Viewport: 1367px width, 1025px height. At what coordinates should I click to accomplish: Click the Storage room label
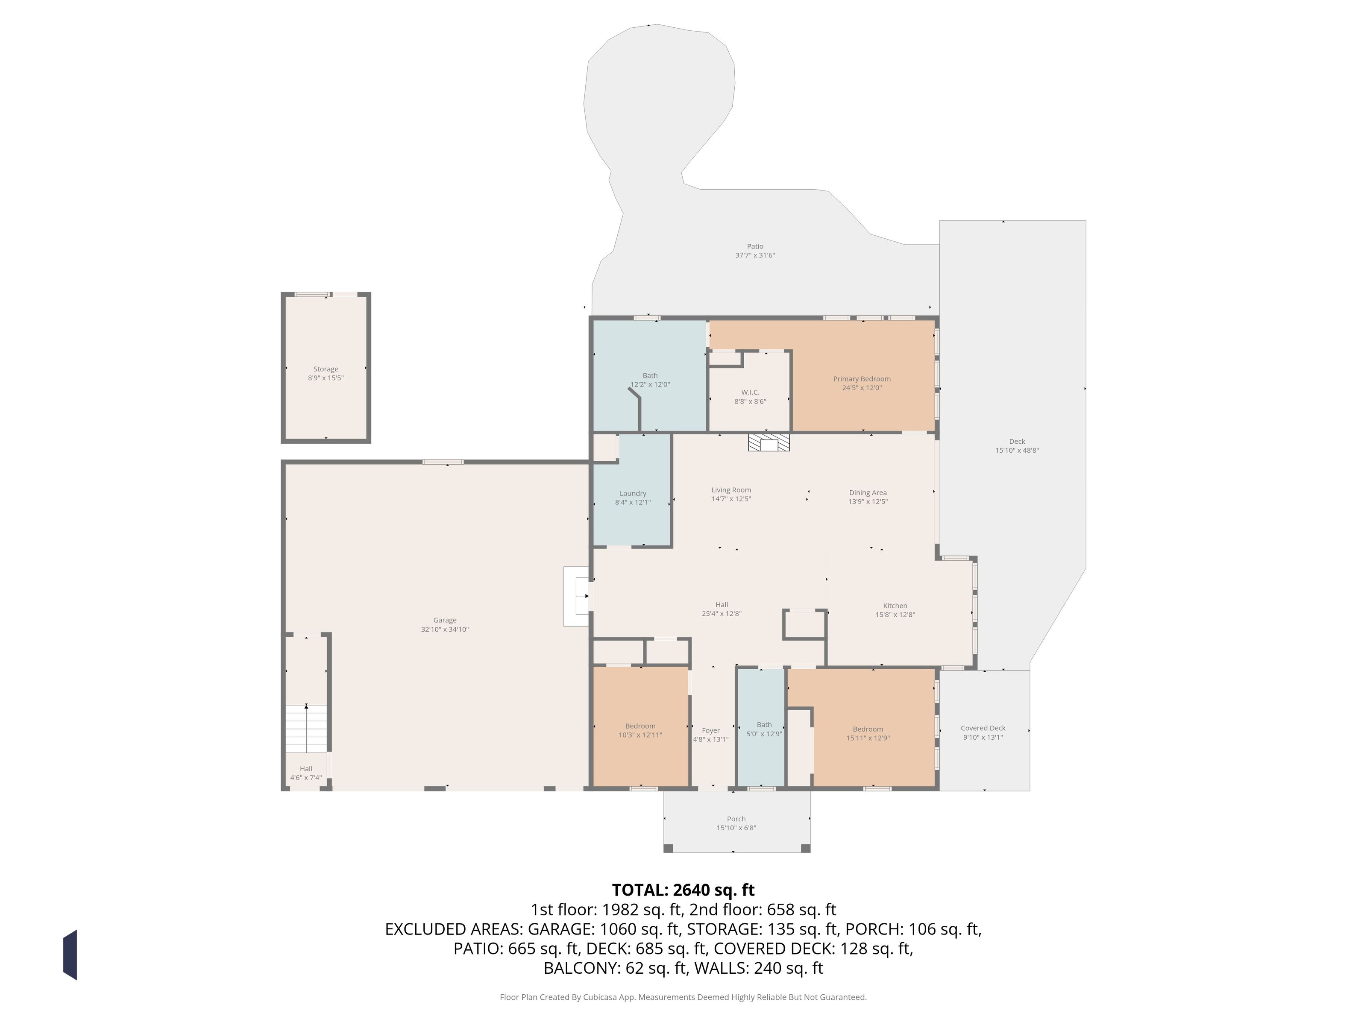click(x=326, y=369)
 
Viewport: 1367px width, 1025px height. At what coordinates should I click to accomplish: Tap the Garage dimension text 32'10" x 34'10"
click(x=445, y=629)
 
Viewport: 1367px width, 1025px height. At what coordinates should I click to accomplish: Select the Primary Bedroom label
click(x=862, y=379)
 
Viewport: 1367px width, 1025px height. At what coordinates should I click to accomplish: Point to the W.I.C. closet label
click(x=750, y=392)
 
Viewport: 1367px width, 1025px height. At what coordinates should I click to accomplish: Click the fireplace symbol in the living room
click(x=769, y=442)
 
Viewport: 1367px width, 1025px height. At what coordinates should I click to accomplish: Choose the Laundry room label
click(x=633, y=493)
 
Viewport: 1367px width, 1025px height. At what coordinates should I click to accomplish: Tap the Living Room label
click(x=731, y=490)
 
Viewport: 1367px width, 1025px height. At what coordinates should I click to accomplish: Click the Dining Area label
click(x=868, y=492)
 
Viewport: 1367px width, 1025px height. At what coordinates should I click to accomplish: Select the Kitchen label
click(x=895, y=606)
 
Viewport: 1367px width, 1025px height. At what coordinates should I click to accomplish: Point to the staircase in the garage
click(x=306, y=729)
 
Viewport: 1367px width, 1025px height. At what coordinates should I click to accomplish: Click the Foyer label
click(x=711, y=730)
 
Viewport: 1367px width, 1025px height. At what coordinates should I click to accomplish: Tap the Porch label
click(x=736, y=819)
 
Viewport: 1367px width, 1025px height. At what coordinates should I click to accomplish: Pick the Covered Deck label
click(x=983, y=728)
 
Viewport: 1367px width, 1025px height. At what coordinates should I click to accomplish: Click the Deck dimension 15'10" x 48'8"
click(x=1017, y=451)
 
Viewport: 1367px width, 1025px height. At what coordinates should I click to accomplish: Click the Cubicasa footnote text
click(x=683, y=997)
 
